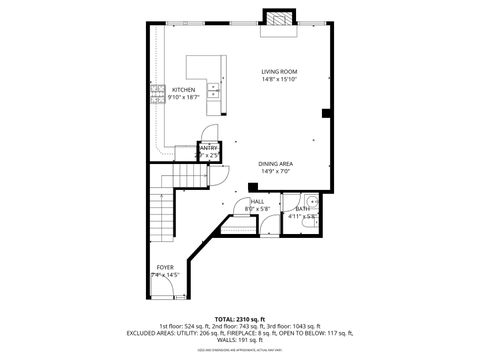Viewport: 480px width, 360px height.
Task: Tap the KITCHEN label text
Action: pyautogui.click(x=182, y=89)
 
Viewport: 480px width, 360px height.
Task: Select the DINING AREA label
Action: pyautogui.click(x=275, y=164)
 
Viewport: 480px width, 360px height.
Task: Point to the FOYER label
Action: pyautogui.click(x=164, y=267)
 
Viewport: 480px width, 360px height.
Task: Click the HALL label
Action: pyautogui.click(x=256, y=201)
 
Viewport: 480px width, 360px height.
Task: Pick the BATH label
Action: pyautogui.click(x=301, y=208)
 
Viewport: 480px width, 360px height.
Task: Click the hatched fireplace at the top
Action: pyautogui.click(x=277, y=21)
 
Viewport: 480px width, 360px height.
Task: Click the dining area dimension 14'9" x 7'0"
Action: pyautogui.click(x=275, y=172)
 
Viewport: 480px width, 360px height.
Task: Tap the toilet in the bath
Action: pyautogui.click(x=311, y=225)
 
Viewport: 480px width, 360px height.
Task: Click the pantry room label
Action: pyautogui.click(x=208, y=148)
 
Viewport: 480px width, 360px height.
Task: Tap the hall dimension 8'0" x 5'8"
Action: pyautogui.click(x=256, y=209)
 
